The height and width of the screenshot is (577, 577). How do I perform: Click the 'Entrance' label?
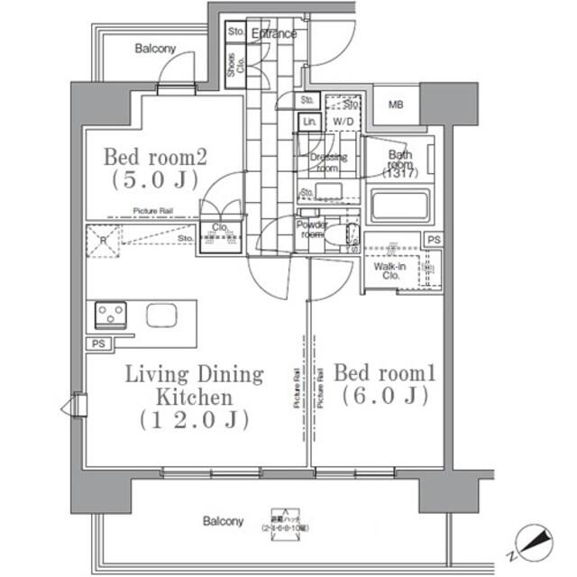click(274, 34)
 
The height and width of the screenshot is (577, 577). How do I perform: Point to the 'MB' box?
click(396, 105)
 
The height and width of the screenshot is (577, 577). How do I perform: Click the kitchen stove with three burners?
click(110, 315)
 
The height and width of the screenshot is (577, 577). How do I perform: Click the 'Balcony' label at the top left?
click(155, 49)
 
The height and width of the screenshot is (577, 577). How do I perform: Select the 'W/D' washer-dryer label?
click(343, 121)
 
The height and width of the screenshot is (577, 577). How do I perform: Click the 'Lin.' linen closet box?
click(309, 121)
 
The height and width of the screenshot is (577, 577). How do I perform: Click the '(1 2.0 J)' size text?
click(194, 420)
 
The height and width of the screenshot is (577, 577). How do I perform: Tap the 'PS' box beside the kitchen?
click(96, 344)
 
